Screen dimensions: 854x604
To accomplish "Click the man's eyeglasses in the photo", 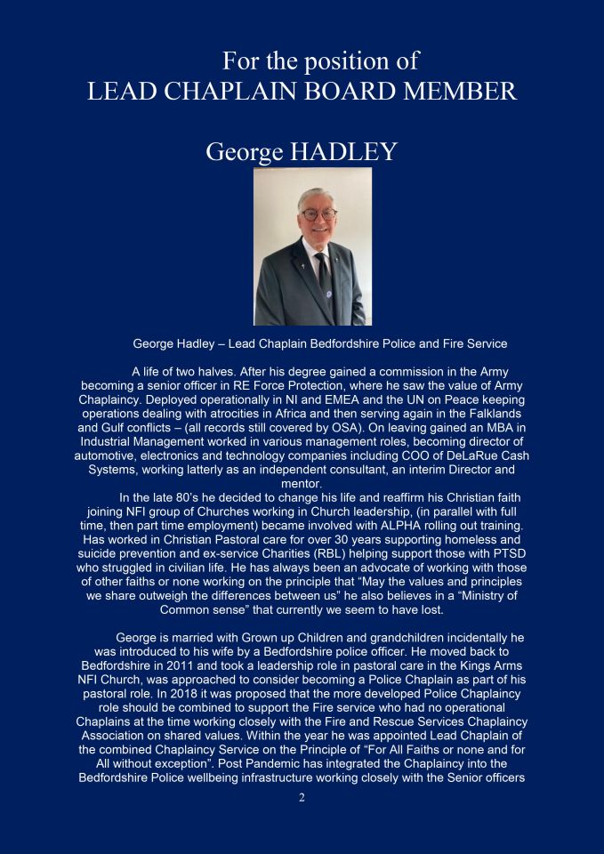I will click(x=318, y=214).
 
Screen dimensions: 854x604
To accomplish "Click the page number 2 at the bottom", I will click(x=302, y=797).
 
